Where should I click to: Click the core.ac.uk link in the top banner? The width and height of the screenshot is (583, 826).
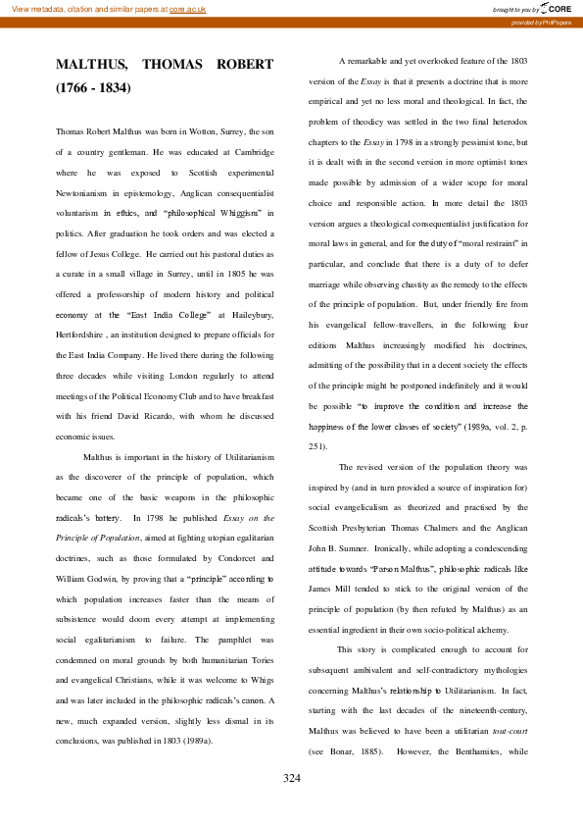(x=188, y=9)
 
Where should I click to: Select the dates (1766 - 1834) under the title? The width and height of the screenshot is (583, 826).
(x=93, y=88)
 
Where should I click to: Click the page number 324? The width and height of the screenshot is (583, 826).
(x=291, y=778)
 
